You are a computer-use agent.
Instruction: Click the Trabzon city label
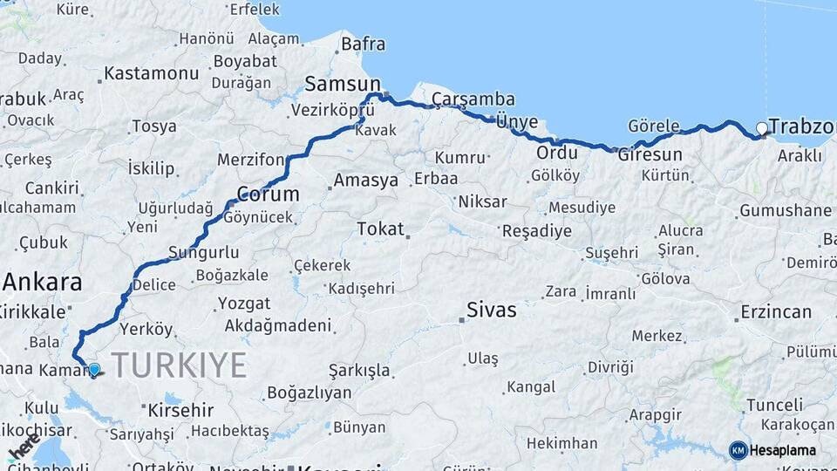801,126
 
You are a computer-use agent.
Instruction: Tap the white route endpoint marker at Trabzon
762,129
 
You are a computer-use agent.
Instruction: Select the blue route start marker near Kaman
94,369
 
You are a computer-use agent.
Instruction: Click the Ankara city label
42,282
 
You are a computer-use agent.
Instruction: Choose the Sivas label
492,310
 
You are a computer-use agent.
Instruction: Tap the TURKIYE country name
179,365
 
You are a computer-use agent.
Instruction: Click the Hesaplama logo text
783,450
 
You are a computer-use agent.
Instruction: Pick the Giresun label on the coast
650,154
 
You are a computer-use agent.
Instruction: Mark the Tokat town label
381,229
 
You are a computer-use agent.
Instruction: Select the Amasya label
365,181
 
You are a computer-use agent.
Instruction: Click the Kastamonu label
151,73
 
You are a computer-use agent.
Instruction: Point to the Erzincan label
776,311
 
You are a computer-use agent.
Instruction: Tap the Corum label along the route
268,194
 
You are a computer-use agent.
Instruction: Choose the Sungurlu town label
203,253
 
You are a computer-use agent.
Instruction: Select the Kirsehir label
181,409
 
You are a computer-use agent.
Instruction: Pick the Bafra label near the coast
363,43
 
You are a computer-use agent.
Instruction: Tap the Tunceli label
774,405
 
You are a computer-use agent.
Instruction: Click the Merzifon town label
251,160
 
